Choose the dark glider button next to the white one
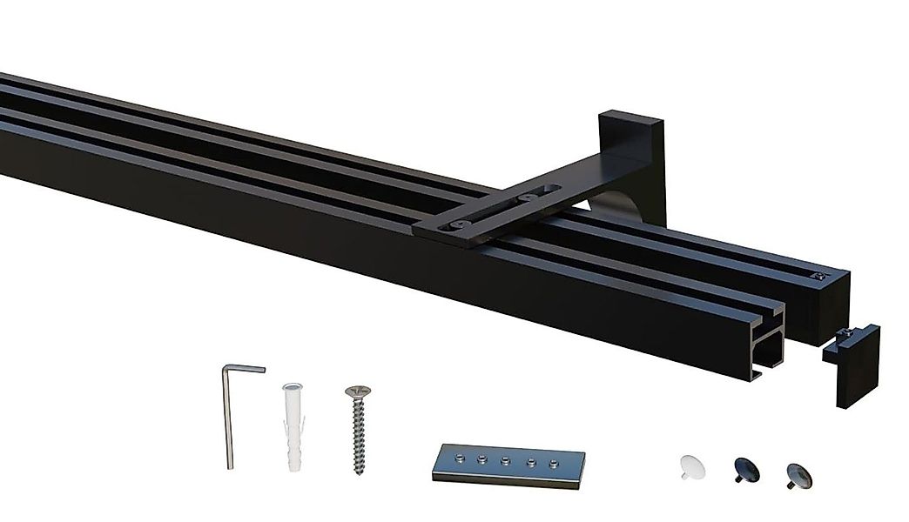(745, 470)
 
